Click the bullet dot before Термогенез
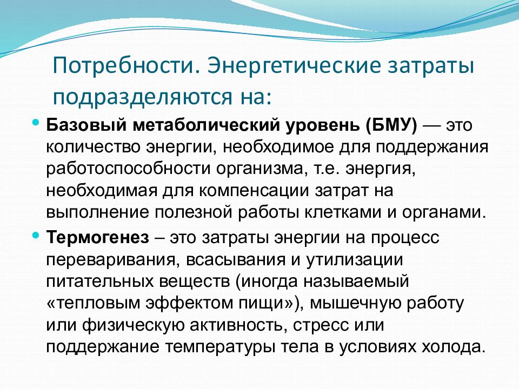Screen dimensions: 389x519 pyautogui.click(x=36, y=236)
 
